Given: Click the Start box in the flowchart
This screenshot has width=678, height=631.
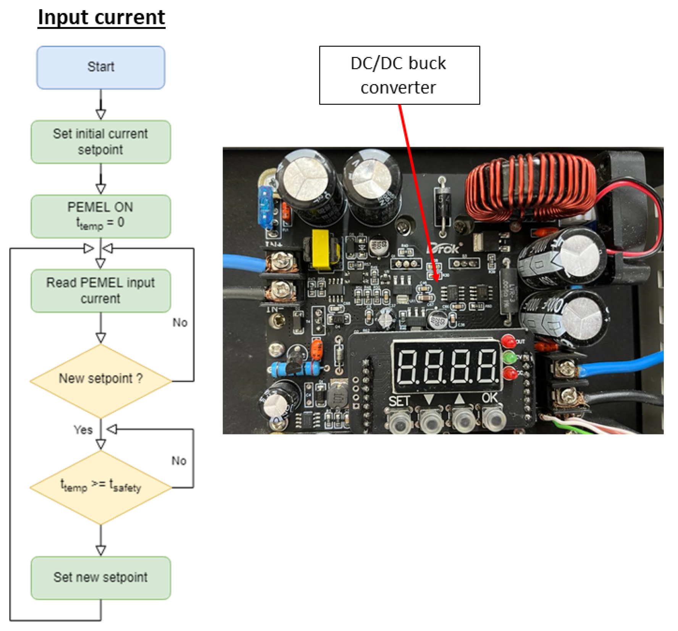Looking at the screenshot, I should click(101, 67).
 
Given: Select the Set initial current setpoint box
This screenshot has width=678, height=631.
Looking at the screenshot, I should click(101, 142).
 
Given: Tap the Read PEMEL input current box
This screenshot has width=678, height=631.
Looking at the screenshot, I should click(101, 290).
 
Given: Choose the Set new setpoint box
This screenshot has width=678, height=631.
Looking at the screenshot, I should click(101, 577).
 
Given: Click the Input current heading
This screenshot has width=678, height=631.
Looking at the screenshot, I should click(102, 18).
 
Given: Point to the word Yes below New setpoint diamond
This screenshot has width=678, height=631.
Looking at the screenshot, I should click(83, 430).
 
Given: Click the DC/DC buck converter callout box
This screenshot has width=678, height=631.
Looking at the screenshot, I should click(399, 75).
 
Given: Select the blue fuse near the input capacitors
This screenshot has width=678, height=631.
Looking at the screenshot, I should click(266, 206).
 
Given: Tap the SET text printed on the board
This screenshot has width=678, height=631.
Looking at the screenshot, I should click(399, 401).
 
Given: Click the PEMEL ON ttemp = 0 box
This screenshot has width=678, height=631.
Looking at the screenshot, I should click(101, 216).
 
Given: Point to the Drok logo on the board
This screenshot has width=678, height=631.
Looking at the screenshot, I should click(444, 249).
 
